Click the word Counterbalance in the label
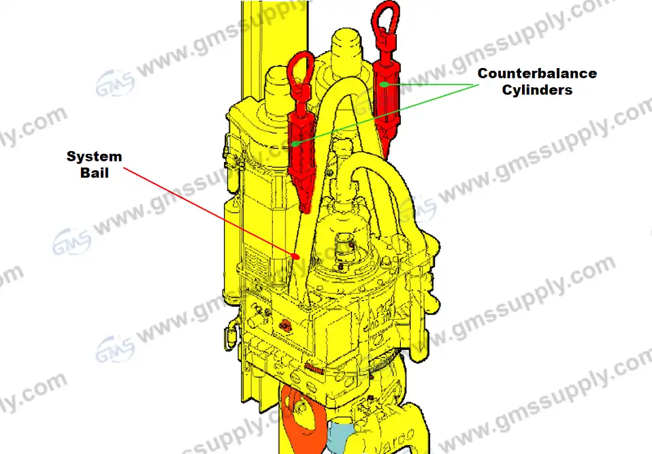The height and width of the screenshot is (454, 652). pyautogui.click(x=537, y=74)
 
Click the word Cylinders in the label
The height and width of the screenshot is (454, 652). pyautogui.click(x=537, y=90)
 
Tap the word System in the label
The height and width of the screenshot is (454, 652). pyautogui.click(x=94, y=157)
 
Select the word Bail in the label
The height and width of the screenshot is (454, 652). pyautogui.click(x=95, y=173)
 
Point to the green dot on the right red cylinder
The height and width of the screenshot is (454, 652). pyautogui.click(x=385, y=84)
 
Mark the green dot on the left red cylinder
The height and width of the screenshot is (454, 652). pyautogui.click(x=295, y=143)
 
